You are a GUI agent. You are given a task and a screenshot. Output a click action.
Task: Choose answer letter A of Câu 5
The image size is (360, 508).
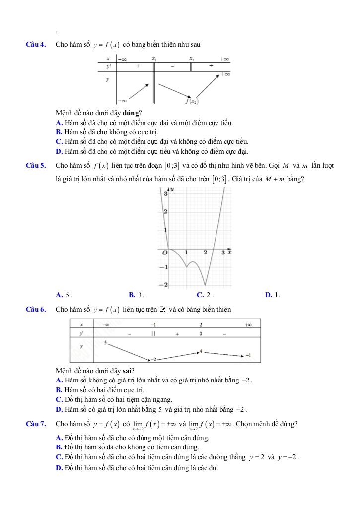tap(59, 295)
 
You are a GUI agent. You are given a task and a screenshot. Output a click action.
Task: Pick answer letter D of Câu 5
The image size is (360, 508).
tap(268, 295)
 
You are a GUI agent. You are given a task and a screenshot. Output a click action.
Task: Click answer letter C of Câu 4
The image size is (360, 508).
tap(59, 141)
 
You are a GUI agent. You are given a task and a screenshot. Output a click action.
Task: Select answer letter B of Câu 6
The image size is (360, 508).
tap(59, 390)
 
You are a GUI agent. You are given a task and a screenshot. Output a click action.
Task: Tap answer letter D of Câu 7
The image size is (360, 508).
tap(59, 468)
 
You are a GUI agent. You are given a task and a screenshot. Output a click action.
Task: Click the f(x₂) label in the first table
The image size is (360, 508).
tap(192, 101)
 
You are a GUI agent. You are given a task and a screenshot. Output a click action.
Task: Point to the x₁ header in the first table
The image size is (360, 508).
tap(154, 59)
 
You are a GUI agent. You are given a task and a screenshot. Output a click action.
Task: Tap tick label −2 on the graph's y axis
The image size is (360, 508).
tap(164, 285)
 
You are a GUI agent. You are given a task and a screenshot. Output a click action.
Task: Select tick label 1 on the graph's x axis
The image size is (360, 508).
tap(186, 253)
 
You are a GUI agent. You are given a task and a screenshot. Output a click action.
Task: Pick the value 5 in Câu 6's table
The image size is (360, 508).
tap(106, 343)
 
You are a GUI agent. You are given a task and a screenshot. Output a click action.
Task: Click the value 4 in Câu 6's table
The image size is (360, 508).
tap(200, 351)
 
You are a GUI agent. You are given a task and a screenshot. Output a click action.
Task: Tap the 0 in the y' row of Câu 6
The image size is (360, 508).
tap(200, 334)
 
